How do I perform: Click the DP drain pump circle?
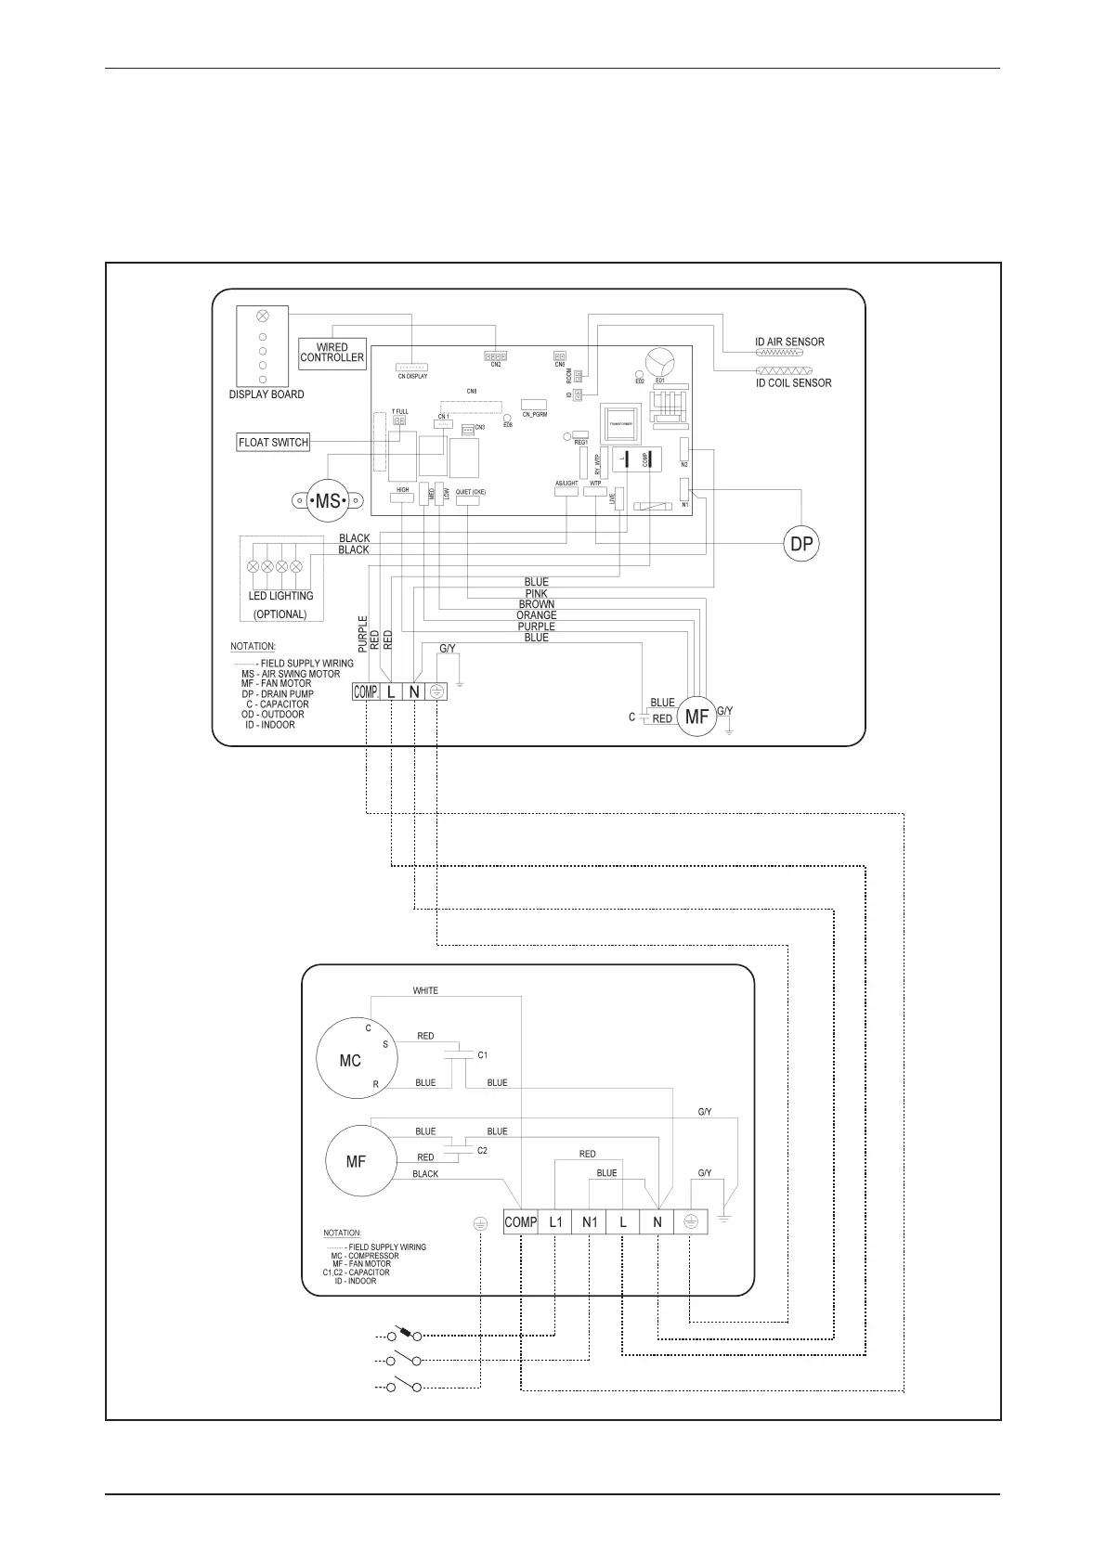[801, 544]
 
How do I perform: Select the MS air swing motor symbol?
[328, 501]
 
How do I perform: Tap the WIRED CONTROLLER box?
[332, 353]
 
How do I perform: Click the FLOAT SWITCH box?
[273, 442]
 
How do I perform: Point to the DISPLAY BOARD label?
[267, 394]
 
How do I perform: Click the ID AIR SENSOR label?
[789, 342]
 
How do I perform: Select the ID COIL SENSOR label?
[793, 382]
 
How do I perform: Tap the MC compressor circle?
[350, 1061]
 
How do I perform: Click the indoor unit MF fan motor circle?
[696, 717]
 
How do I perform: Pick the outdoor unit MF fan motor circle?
[356, 1161]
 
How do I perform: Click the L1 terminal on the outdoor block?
[555, 1222]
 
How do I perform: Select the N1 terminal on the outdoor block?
[590, 1222]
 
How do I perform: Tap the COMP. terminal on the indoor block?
[366, 691]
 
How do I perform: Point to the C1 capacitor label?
[483, 1055]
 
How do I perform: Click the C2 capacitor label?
[482, 1151]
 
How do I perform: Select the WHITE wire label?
[425, 990]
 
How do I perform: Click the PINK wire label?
[536, 593]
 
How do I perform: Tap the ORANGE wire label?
[537, 615]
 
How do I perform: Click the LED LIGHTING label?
[280, 596]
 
